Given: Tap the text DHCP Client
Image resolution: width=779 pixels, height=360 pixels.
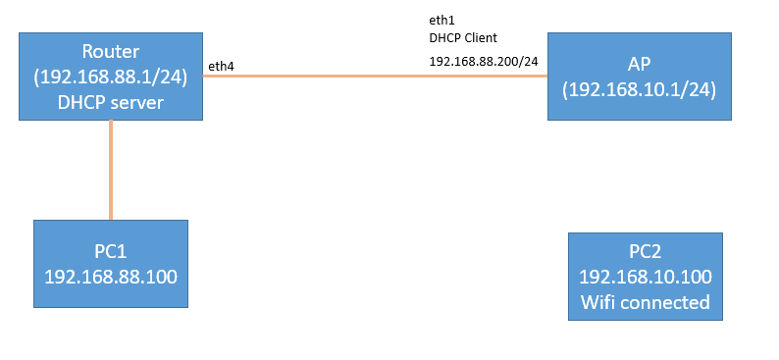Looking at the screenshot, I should [462, 38].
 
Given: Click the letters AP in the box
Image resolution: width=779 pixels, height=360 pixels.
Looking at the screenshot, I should [639, 65].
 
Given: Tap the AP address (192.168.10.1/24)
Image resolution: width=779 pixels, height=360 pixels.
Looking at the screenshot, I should [639, 88].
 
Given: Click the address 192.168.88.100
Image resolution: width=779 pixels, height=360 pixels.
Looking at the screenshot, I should [110, 277].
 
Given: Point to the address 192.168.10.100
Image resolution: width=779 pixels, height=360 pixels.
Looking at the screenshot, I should [645, 278].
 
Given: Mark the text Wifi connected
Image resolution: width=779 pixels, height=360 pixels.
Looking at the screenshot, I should [645, 301].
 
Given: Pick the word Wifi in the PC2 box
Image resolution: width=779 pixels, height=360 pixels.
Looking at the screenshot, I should [598, 301].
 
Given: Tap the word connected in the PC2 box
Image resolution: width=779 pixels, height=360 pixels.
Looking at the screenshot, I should [666, 301].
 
